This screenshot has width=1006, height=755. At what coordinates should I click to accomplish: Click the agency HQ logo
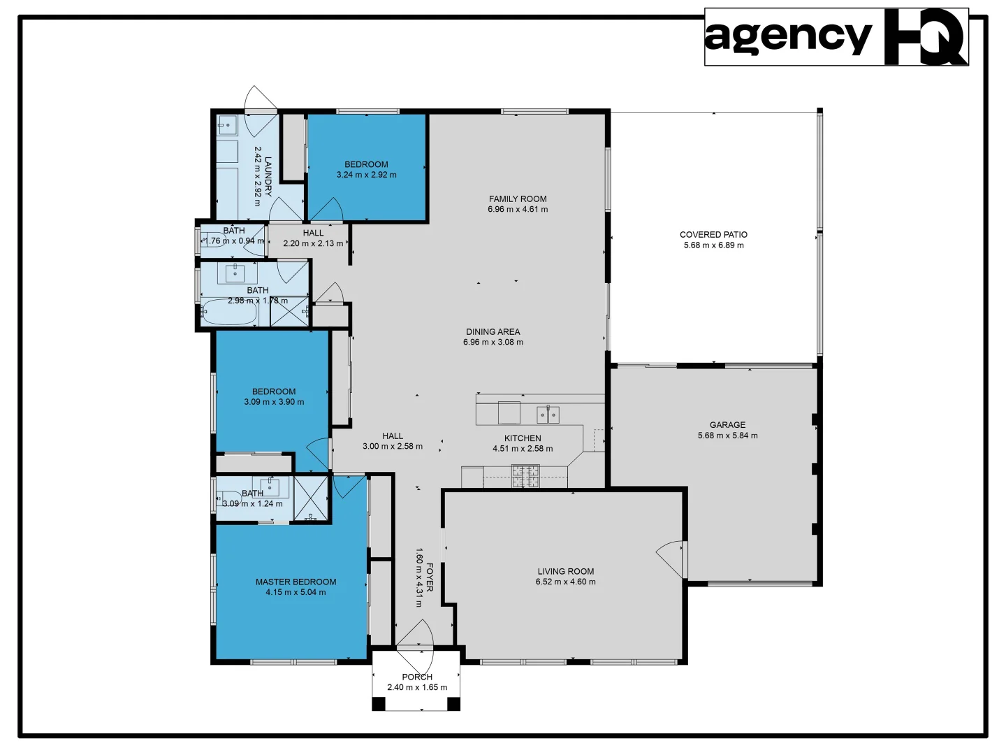836,37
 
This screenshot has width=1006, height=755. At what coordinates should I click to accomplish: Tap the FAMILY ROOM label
518,199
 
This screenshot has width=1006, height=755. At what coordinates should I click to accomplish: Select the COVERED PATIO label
713,235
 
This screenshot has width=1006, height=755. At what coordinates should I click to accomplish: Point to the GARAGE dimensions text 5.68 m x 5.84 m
727,436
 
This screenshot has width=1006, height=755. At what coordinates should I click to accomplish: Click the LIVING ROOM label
565,571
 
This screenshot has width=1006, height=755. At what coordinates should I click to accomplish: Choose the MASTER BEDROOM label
296,582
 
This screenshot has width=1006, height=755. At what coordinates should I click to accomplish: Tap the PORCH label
417,677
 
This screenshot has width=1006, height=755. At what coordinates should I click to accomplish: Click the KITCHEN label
523,438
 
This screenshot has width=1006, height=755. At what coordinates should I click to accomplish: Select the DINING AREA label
493,332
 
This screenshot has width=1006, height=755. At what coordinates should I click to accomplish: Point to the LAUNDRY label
268,176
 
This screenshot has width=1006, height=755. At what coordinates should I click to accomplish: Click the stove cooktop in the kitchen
525,476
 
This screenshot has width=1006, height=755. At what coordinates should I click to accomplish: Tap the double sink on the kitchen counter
548,415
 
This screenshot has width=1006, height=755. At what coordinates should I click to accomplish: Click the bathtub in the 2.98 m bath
228,312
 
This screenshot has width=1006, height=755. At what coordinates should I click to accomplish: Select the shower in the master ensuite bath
310,498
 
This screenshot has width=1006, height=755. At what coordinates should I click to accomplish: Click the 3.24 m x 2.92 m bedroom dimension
366,175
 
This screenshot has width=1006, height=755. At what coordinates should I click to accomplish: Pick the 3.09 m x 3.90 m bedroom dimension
274,402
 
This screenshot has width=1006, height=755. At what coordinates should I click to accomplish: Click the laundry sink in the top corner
226,127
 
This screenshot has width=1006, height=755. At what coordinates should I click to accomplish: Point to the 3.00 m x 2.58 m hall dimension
392,446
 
